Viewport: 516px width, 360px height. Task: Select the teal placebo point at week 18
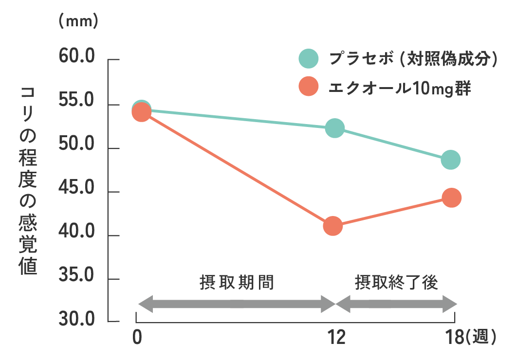[x=451, y=160]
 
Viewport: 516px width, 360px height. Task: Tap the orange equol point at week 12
[x=333, y=226]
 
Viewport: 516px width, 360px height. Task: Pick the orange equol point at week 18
[x=452, y=198]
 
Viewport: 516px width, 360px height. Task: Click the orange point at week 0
[x=141, y=113]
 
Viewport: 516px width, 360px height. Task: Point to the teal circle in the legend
[x=309, y=59]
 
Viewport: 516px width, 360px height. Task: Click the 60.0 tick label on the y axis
[x=76, y=56]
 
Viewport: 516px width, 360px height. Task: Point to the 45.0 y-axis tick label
[x=76, y=188]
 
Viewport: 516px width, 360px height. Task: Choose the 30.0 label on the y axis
[x=76, y=320]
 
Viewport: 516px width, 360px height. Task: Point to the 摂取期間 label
[x=237, y=283]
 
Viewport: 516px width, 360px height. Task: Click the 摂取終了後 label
[x=397, y=283]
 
